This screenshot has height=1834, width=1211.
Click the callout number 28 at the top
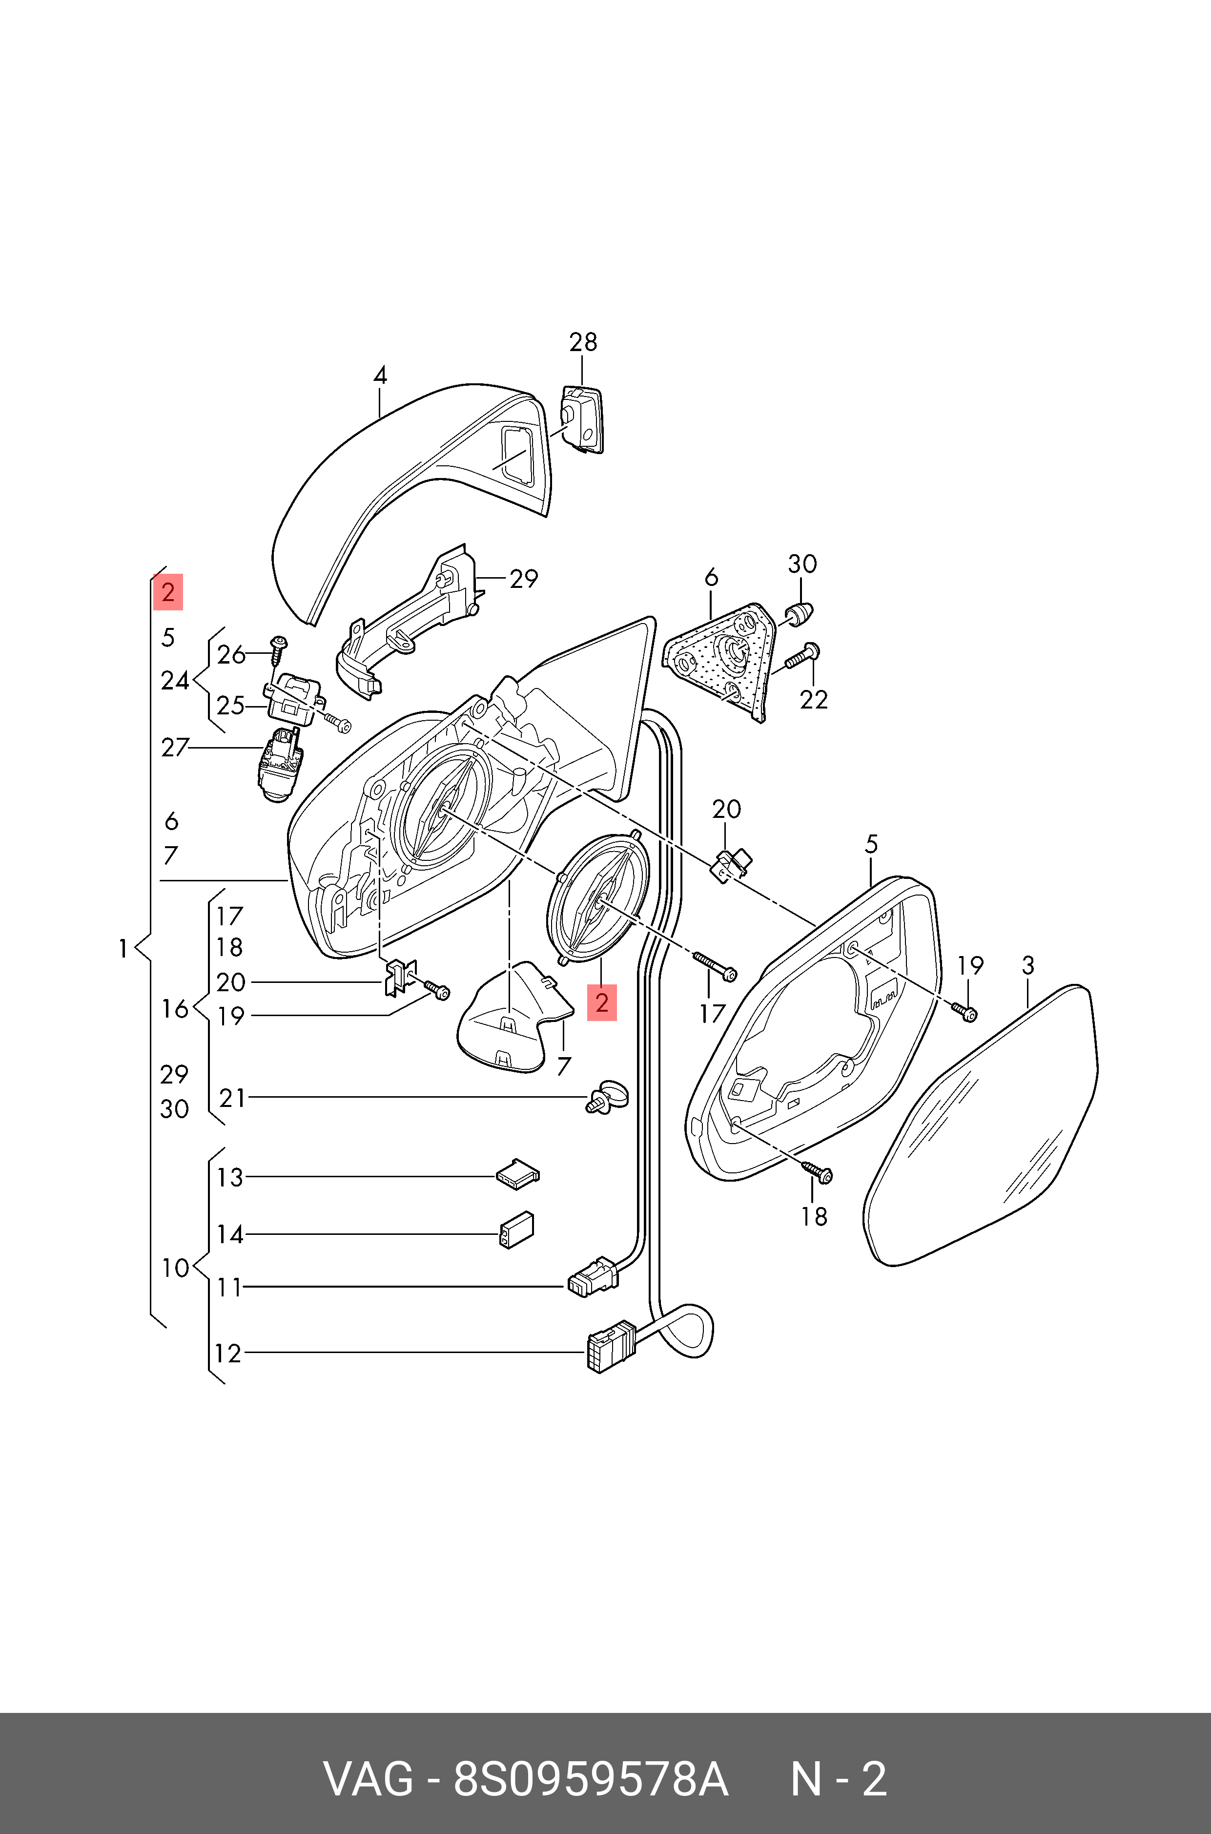pos(583,342)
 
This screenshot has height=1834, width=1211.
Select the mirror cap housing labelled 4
pos(402,495)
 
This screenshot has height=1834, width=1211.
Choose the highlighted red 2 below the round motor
pos(602,1003)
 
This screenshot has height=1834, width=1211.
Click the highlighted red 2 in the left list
pos(167,593)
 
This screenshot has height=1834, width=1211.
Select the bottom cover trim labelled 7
pos(513,1020)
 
